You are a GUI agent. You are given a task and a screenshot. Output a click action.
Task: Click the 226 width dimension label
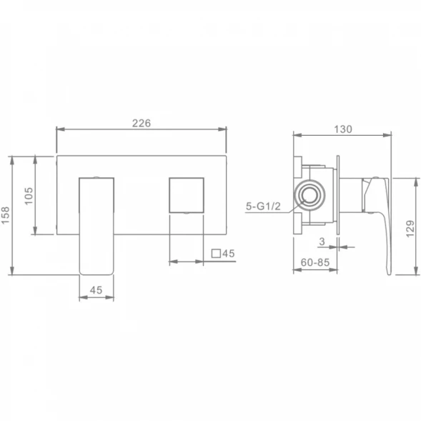point(142,123)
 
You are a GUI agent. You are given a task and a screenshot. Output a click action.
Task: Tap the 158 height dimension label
point(6,215)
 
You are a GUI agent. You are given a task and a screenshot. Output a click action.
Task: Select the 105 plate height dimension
point(29,196)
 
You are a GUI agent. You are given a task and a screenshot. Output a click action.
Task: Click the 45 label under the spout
point(96,290)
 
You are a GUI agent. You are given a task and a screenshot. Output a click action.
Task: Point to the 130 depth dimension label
point(343,129)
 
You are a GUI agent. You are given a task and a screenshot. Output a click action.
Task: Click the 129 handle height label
point(410,229)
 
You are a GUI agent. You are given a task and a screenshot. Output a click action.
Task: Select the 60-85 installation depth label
point(315,262)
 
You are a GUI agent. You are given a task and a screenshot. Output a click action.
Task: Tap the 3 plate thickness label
point(322,242)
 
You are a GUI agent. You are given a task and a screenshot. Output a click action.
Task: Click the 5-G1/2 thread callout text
point(263,206)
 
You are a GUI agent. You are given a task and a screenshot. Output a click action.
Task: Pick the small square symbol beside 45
point(216,254)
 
